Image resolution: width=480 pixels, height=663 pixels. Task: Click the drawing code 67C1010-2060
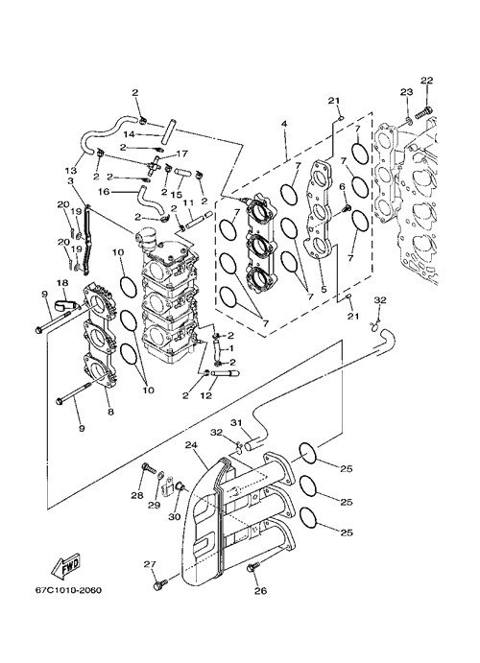pos(68,590)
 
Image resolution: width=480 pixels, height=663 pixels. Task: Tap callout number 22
pos(426,81)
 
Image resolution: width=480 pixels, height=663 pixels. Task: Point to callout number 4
pos(284,124)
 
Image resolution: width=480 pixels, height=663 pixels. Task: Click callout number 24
pos(192,445)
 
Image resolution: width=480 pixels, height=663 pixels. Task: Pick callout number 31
pos(236,422)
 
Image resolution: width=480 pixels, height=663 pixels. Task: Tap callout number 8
pos(110,412)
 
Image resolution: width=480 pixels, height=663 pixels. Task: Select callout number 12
pos(206,396)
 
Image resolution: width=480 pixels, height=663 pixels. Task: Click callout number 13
pos(71,171)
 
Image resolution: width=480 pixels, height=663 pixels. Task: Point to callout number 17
pos(181,154)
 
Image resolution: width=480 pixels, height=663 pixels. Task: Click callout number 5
pos(324,290)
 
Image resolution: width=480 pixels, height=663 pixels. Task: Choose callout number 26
pos(261,591)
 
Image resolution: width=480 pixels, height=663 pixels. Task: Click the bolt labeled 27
pos(160,584)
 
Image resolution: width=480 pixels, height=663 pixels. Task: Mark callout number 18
pos(62,282)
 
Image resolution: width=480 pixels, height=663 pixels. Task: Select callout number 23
pos(406,92)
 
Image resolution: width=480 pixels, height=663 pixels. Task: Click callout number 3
pos(70,180)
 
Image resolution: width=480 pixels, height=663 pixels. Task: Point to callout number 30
pos(175,516)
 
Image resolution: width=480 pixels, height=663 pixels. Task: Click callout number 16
pos(104,192)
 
